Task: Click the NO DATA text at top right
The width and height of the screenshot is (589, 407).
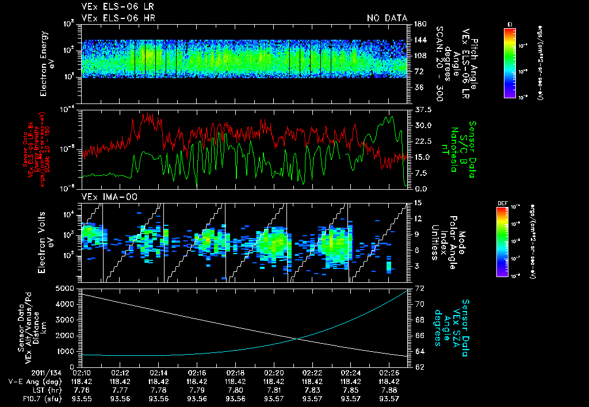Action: pyautogui.click(x=387, y=18)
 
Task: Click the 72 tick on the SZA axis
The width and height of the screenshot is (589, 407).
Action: pyautogui.click(x=419, y=287)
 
